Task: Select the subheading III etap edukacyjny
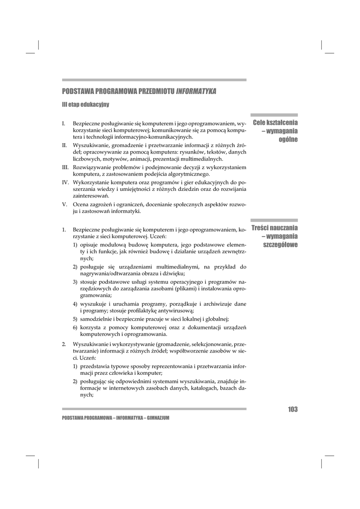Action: (86, 105)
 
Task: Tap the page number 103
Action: (292, 410)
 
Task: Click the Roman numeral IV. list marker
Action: (65, 183)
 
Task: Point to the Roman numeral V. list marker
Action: (64, 204)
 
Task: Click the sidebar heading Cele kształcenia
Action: (275, 123)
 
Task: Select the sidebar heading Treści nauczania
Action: (274, 228)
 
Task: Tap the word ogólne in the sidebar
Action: (288, 140)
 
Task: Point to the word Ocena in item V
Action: (82, 204)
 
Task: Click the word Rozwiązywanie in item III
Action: (92, 167)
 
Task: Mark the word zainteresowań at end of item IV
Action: (91, 196)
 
